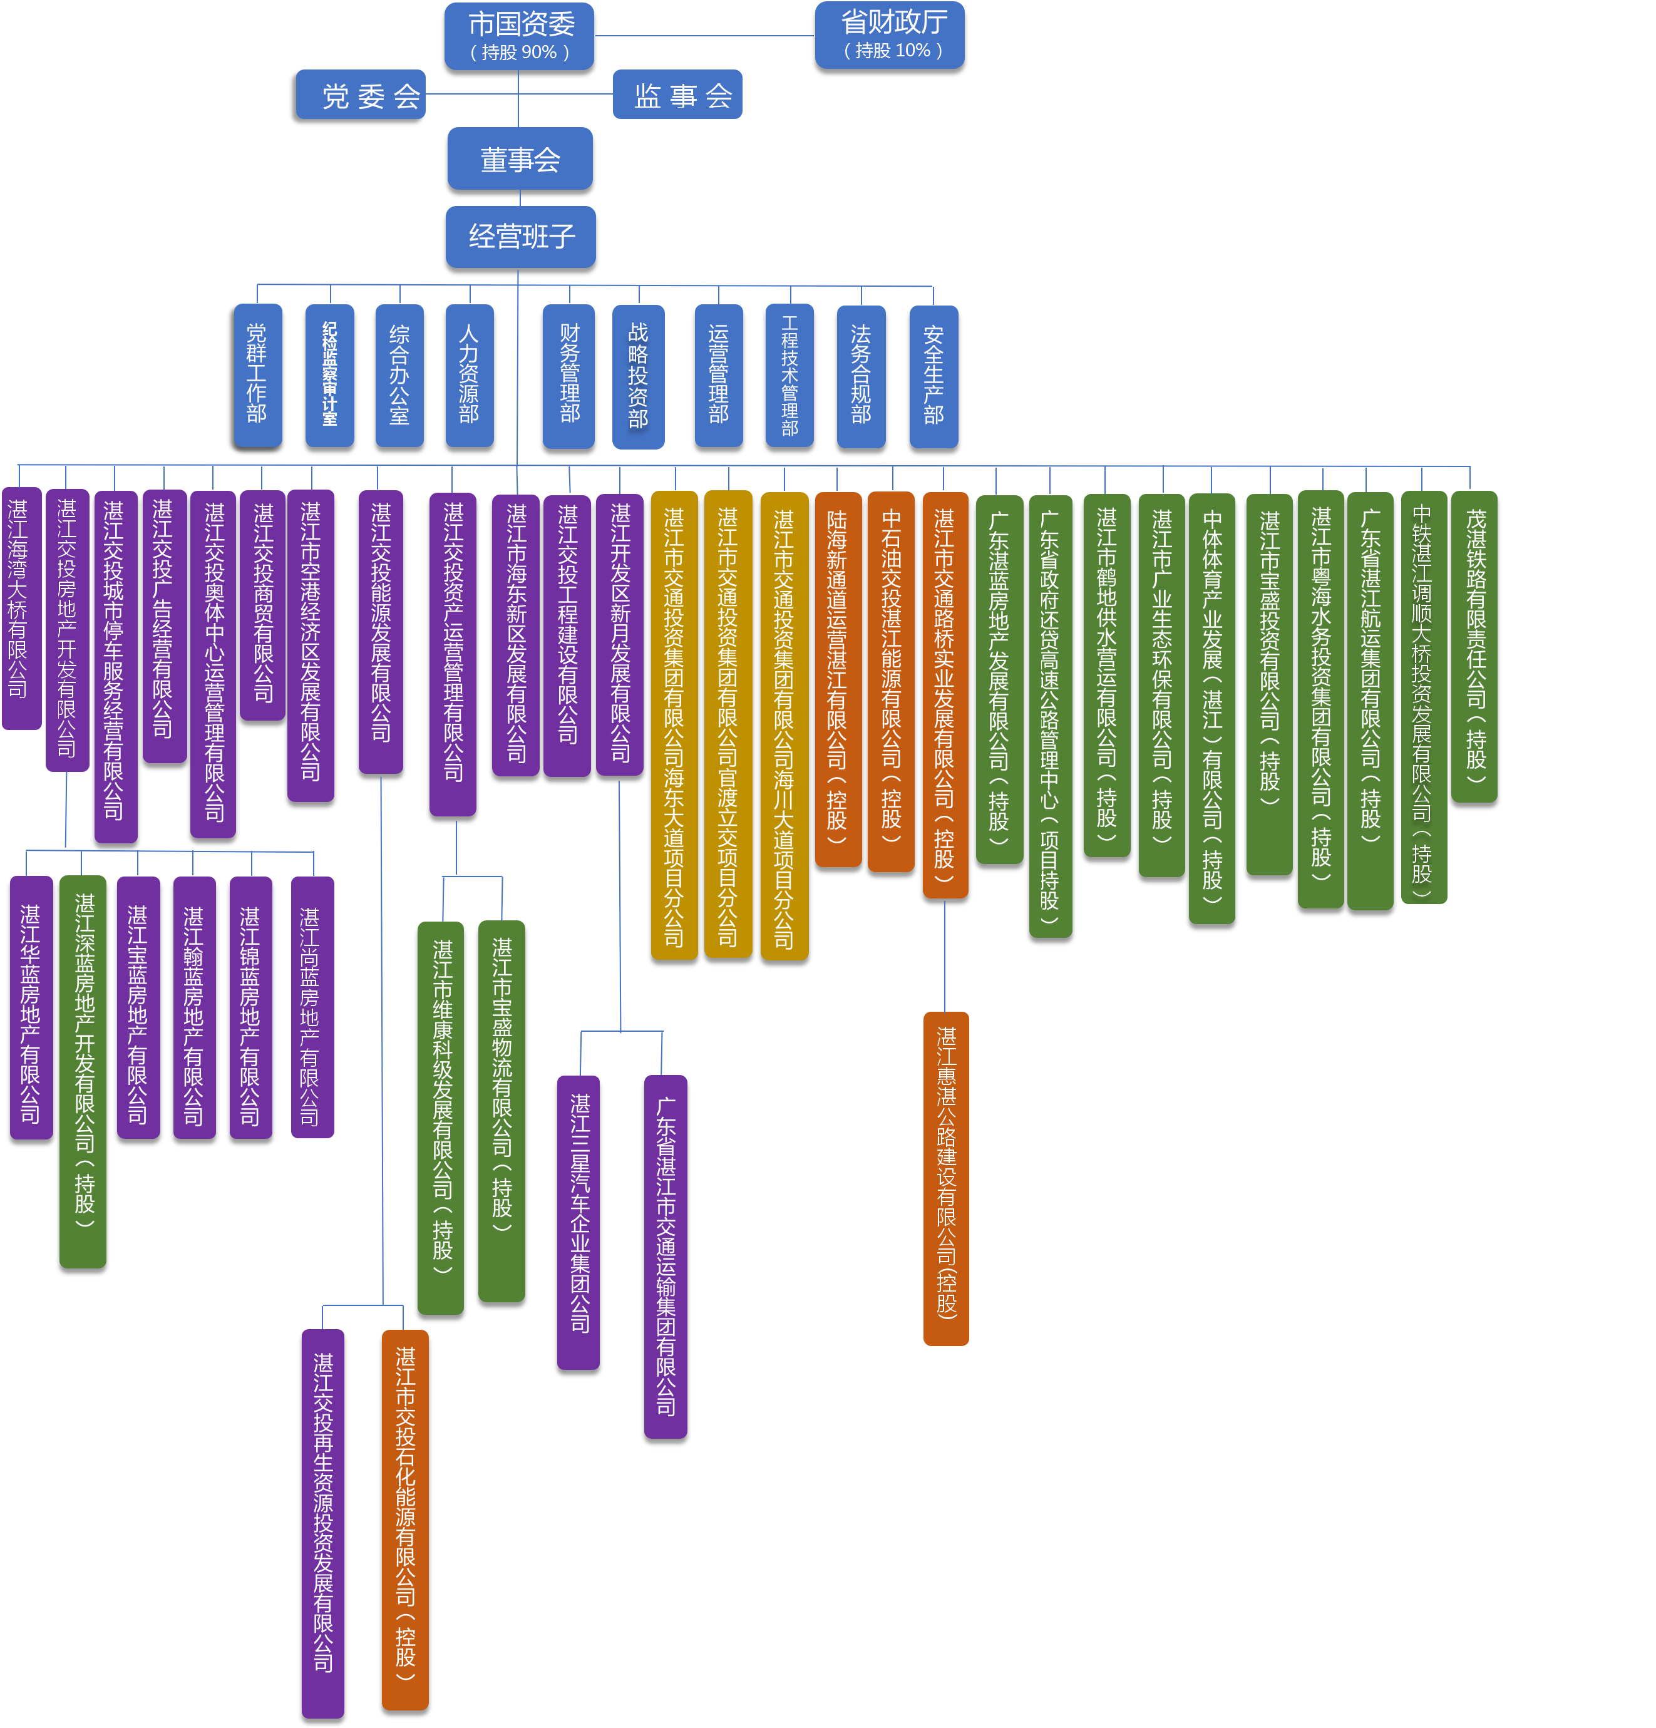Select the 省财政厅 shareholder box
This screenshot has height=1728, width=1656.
(x=889, y=35)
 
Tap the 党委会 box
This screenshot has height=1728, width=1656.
(x=361, y=95)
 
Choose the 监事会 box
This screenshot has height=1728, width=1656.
(x=677, y=95)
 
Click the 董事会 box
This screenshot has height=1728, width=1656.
(x=520, y=158)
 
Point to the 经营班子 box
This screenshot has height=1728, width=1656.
(x=520, y=236)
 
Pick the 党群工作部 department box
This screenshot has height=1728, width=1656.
(x=257, y=374)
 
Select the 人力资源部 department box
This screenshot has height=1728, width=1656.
(x=469, y=374)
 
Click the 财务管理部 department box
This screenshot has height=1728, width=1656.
(x=568, y=374)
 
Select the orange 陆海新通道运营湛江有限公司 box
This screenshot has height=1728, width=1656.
(x=838, y=679)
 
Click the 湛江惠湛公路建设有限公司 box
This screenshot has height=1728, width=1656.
(x=946, y=1178)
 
